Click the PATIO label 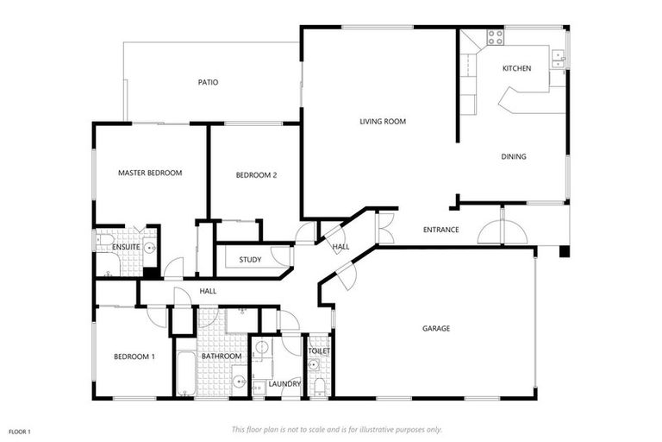coord(208,83)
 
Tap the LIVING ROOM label coord(382,122)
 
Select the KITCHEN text coord(516,68)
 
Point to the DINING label coord(514,156)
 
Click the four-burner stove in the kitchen coord(495,37)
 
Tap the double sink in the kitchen coord(559,58)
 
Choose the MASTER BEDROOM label coord(150,173)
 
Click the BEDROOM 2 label coord(256,176)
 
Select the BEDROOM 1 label coord(134,357)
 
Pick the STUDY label coord(250,259)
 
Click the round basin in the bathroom coord(237,377)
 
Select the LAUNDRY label coord(284,383)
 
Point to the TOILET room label coord(319,351)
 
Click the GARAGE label coord(435,328)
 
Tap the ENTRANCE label coord(440,230)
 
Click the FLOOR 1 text coord(20,431)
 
